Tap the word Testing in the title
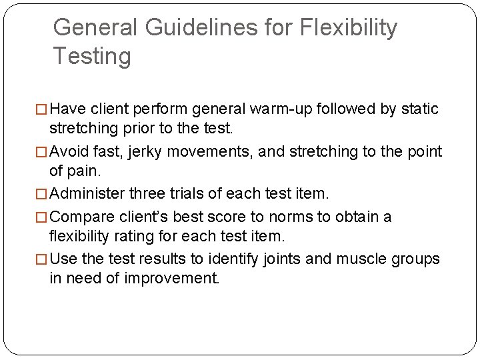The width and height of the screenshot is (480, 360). pyautogui.click(x=92, y=56)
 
